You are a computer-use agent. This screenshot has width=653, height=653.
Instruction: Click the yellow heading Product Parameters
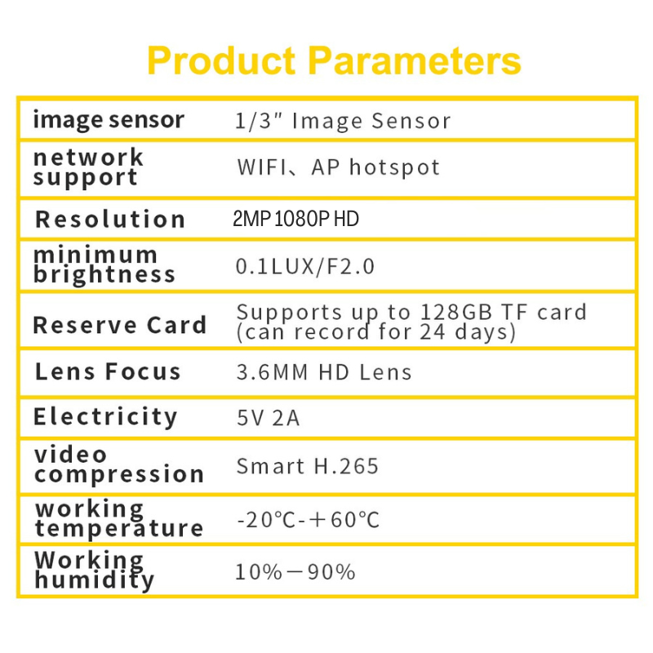pos(334,61)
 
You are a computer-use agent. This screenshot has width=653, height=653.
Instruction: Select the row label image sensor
pos(109,120)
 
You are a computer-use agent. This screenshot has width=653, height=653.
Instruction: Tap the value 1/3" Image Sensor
pos(343,122)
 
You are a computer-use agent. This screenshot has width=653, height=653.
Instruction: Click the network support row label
pos(88,167)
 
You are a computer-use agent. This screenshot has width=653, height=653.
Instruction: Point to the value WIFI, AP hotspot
pos(338,168)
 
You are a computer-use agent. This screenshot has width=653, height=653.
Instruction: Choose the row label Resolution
pos(110,219)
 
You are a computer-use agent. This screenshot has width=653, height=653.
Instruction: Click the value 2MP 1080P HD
pos(295,219)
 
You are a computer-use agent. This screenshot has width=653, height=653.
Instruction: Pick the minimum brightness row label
pos(104,264)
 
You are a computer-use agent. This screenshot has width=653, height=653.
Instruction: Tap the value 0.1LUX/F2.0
pos(305,266)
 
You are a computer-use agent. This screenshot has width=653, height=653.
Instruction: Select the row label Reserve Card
pos(119,324)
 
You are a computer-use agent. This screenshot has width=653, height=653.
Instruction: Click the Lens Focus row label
pos(108,371)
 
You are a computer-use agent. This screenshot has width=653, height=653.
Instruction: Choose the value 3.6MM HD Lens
pos(324,373)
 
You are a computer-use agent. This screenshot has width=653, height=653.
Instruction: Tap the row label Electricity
pos(105,417)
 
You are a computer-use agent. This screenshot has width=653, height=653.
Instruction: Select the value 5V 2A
pos(269,419)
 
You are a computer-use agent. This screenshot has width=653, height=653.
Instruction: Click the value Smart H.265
pos(308,466)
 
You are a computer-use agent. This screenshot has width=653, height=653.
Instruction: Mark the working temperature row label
pos(118,518)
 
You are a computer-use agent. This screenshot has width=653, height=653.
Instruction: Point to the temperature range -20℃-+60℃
pos(309,520)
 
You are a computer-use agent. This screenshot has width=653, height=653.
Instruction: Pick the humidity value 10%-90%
pos(295,571)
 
